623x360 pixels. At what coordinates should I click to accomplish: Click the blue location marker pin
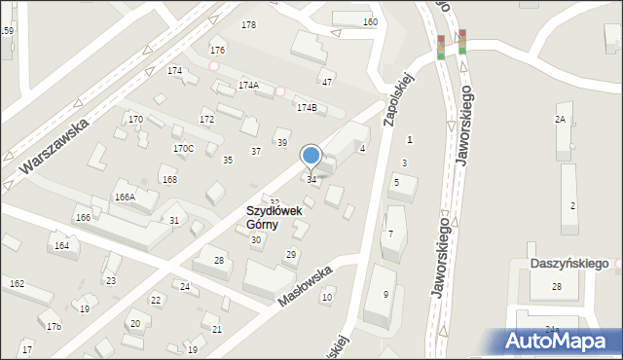click(x=311, y=156)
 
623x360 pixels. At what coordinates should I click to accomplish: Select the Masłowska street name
click(x=306, y=283)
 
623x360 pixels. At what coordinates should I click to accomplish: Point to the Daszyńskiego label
click(x=568, y=263)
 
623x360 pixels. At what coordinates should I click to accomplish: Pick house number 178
click(x=248, y=24)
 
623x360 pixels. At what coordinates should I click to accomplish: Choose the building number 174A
click(x=248, y=86)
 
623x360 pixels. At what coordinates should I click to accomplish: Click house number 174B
click(x=307, y=107)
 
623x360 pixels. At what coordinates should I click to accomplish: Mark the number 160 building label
click(x=370, y=21)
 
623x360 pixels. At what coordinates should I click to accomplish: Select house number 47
click(x=327, y=82)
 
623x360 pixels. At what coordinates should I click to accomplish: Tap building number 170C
click(x=183, y=148)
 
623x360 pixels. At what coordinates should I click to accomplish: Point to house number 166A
click(x=125, y=197)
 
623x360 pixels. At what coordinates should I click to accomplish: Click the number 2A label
click(x=560, y=119)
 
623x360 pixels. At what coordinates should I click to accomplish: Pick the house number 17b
click(x=54, y=326)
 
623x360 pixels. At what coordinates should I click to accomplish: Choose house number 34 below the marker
click(x=311, y=179)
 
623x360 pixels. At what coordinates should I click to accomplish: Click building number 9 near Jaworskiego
click(x=385, y=294)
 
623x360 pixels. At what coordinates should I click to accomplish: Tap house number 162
click(x=17, y=283)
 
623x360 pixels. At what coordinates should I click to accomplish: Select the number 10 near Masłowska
click(x=327, y=297)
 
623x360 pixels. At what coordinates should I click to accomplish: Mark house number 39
click(x=282, y=143)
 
